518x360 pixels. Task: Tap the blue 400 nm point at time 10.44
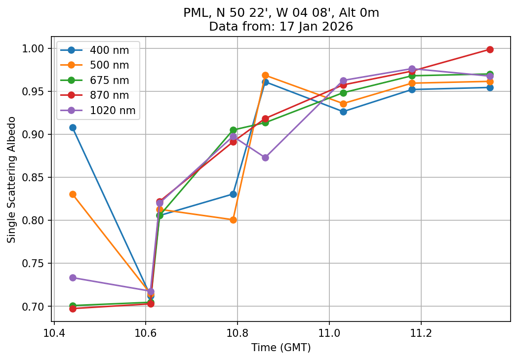(73, 127)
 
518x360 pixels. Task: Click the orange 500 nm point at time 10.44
(73, 194)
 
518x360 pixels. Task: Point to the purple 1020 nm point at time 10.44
(73, 278)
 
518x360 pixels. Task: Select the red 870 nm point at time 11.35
(490, 49)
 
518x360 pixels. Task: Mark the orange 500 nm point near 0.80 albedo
(233, 220)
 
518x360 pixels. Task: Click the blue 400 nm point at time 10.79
(233, 194)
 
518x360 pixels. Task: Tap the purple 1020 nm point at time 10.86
(265, 158)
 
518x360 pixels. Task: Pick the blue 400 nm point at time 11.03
(343, 112)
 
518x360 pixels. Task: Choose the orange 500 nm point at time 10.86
(265, 75)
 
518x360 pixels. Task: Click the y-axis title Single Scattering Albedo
(11, 180)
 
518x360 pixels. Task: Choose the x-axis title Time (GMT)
(281, 348)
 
